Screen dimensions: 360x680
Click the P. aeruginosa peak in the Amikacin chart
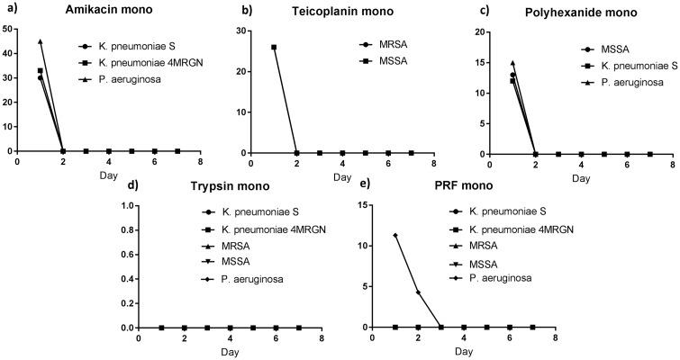tap(40, 41)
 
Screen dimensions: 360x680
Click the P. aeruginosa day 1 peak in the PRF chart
tap(395, 236)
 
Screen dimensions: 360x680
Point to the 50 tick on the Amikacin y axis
tap(8, 30)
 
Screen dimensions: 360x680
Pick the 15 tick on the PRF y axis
tap(361, 205)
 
